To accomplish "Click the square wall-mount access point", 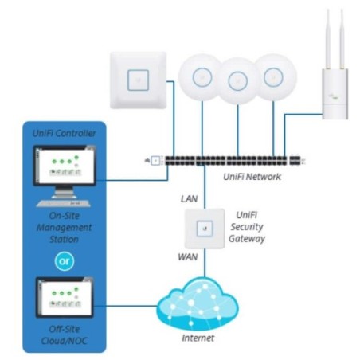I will (x=140, y=76).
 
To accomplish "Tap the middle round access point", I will (x=237, y=81).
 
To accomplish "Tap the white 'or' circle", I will (x=64, y=260).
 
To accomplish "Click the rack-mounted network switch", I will (x=232, y=160).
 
